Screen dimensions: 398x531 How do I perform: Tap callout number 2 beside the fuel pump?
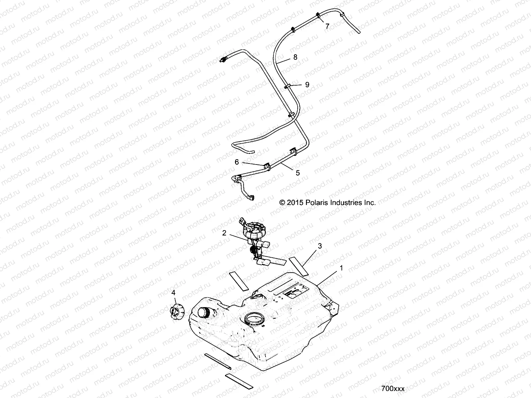pos(224,233)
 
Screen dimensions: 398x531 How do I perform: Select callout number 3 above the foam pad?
pos(320,246)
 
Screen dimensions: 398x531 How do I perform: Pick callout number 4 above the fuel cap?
pos(173,293)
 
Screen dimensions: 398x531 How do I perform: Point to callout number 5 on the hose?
pos(298,173)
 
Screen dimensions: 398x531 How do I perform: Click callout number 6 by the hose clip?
pos(237,162)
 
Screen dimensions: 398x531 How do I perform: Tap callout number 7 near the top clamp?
pos(327,26)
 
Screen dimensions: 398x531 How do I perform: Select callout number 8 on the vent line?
pos(295,57)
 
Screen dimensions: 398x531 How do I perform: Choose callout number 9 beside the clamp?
pos(307,85)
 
